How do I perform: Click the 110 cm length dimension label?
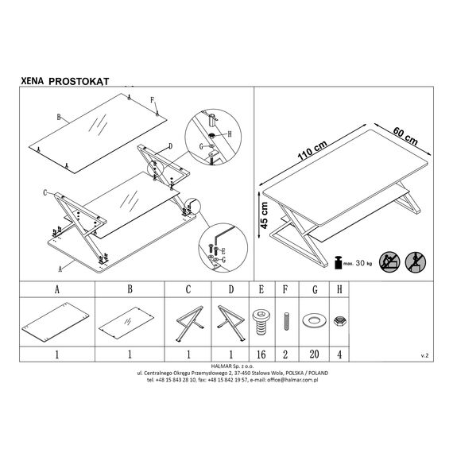coord(312,150)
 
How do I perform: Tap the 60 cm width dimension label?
coord(405,136)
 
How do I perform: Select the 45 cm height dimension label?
coord(265,215)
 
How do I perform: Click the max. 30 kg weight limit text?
coord(358,263)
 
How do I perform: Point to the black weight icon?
coord(338,262)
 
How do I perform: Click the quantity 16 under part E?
coord(261,354)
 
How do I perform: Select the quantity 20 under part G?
coord(314,354)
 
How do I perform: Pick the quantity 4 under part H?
coord(339,354)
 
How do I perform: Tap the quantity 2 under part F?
coord(285,354)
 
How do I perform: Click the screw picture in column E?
coord(261,322)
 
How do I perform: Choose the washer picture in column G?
coord(313,320)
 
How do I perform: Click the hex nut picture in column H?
coord(339,321)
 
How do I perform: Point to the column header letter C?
coord(188,289)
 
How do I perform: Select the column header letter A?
coord(57,289)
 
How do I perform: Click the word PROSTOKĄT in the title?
coord(79,82)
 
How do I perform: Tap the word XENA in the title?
coord(32,81)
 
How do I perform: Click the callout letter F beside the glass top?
coord(153,100)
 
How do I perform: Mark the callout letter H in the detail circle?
coord(230,134)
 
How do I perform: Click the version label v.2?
coord(424,355)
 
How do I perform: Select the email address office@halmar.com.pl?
coord(292,380)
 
